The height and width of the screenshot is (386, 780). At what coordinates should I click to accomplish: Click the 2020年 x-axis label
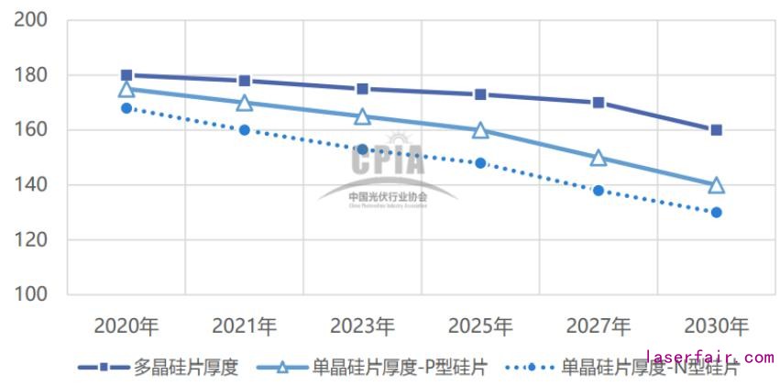pyautogui.click(x=126, y=326)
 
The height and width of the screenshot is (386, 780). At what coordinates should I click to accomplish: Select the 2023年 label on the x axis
pyautogui.click(x=363, y=326)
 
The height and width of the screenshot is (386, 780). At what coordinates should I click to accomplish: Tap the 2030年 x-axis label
pyautogui.click(x=716, y=326)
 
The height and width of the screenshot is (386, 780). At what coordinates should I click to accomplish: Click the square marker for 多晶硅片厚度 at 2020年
pyautogui.click(x=126, y=75)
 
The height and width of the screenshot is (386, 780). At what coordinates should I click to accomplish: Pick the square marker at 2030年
pyautogui.click(x=716, y=130)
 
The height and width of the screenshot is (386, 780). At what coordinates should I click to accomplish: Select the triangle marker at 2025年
pyautogui.click(x=480, y=130)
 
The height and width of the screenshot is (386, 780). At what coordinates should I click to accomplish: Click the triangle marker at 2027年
pyautogui.click(x=599, y=158)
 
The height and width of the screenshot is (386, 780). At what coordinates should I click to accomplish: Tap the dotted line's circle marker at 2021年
pyautogui.click(x=245, y=130)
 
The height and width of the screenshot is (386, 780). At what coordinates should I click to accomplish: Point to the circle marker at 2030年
pyautogui.click(x=716, y=213)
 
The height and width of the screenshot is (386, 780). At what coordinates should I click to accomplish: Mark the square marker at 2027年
pyautogui.click(x=599, y=103)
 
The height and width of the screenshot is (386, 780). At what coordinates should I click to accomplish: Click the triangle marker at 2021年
pyautogui.click(x=245, y=103)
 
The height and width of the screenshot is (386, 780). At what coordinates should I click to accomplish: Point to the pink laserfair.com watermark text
pyautogui.click(x=710, y=358)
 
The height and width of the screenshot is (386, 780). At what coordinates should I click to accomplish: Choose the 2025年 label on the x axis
pyautogui.click(x=480, y=326)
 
